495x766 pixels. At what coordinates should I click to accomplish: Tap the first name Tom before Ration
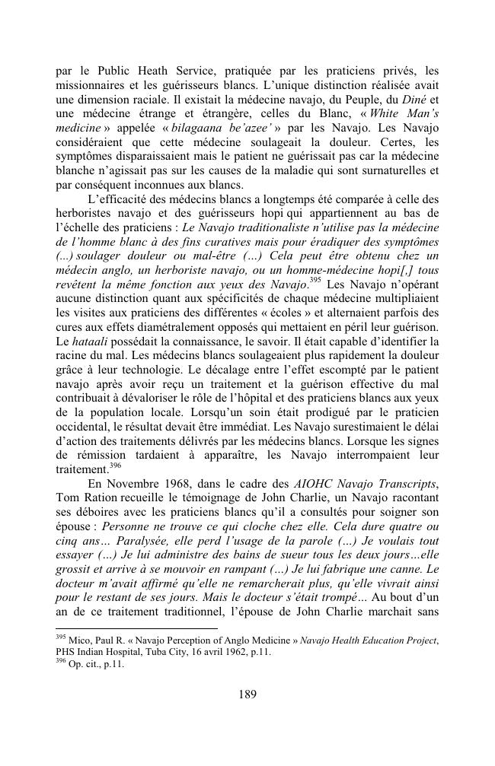point(70,499)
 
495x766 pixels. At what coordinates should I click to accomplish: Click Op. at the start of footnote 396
point(78,663)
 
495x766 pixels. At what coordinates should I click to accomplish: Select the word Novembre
point(142,484)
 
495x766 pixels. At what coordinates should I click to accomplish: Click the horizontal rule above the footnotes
point(136,628)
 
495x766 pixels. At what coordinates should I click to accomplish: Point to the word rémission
point(107,454)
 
